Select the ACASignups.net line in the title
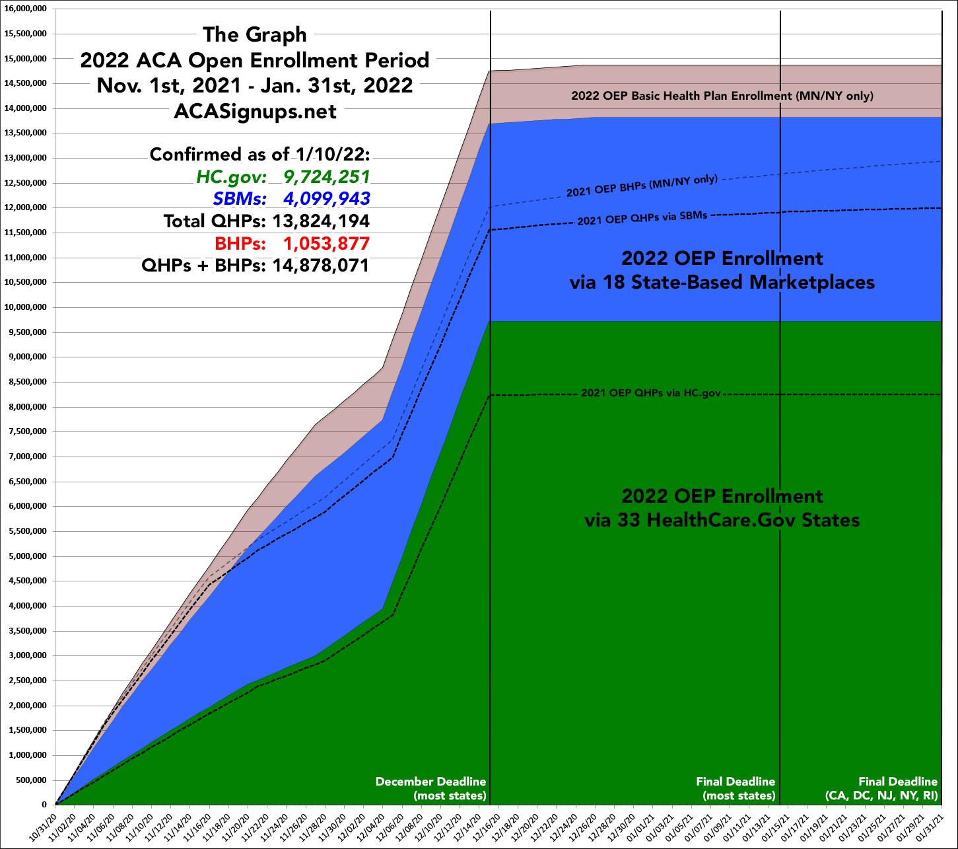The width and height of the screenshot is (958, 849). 254,112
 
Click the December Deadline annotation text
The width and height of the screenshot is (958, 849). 430,782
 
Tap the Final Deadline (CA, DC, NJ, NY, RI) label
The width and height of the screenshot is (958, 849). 881,789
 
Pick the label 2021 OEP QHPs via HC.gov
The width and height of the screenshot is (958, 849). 650,393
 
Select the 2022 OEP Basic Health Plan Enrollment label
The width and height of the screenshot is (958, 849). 722,96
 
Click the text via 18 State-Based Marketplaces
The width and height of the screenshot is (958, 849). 722,283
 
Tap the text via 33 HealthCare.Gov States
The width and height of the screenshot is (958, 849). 722,521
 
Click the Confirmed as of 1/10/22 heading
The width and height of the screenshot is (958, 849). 260,155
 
